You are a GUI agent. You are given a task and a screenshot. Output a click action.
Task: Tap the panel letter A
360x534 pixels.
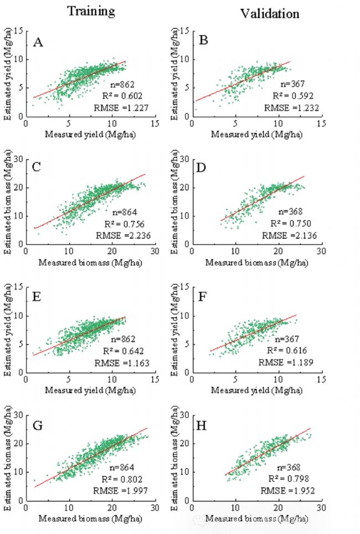[38, 42]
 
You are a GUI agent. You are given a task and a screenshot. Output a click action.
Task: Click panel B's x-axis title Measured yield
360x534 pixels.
[256, 134]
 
